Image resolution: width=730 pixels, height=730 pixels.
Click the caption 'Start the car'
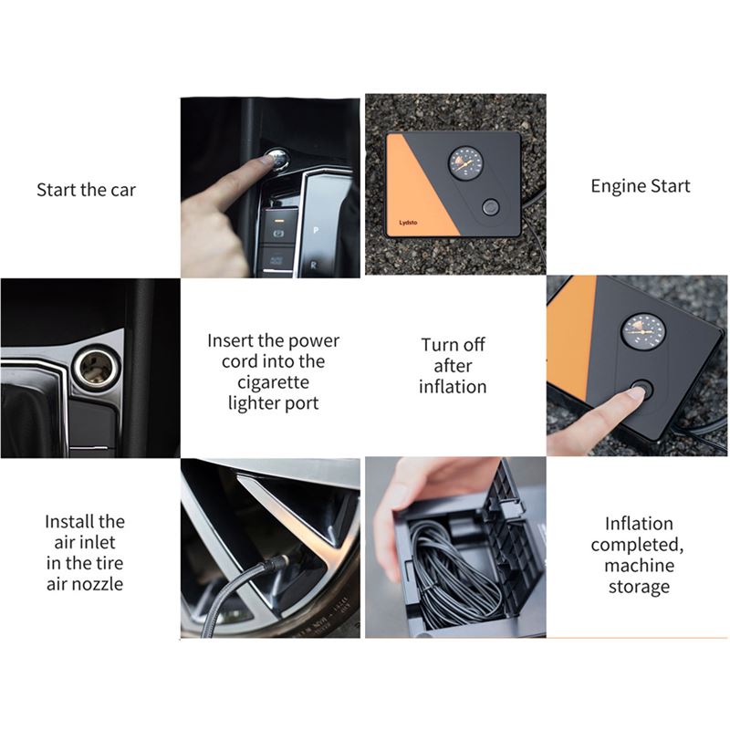tap(86, 191)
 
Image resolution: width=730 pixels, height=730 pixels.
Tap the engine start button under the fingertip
tap(277, 161)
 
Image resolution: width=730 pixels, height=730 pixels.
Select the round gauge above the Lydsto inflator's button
tap(465, 163)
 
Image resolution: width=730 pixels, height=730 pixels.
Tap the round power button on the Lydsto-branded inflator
tap(490, 207)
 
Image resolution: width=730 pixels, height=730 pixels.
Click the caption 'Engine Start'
tap(640, 186)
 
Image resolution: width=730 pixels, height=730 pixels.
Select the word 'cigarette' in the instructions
tap(272, 381)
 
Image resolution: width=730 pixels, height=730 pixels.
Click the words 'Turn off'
tap(453, 345)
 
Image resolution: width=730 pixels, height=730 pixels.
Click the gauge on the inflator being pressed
tap(642, 331)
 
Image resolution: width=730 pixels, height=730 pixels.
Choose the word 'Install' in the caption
tap(69, 522)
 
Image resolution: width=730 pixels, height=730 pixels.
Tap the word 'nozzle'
tap(98, 584)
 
